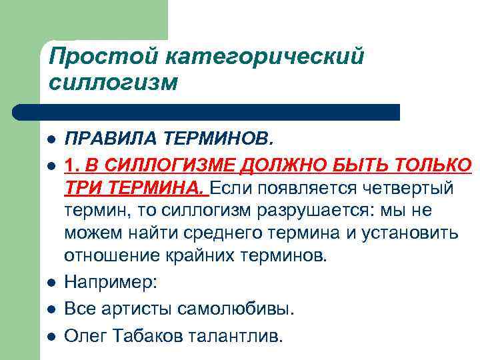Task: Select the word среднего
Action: tap(229, 234)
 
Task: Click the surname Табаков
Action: tap(151, 335)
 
